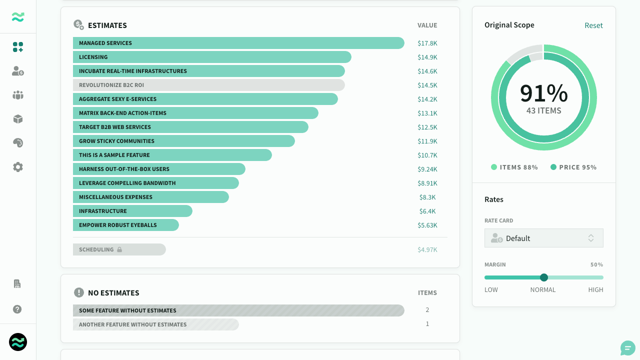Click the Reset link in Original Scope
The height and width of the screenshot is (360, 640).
tap(593, 25)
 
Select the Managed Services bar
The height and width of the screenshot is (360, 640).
tap(238, 43)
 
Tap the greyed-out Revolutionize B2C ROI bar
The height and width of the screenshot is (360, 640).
tap(209, 85)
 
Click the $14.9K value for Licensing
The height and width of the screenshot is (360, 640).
tap(427, 57)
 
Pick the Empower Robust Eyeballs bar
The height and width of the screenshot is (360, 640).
tap(126, 225)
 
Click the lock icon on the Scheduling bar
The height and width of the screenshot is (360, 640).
tap(119, 249)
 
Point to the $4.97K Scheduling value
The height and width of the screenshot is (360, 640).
tap(427, 249)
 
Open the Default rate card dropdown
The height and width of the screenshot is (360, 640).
tap(543, 238)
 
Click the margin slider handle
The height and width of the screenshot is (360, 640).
tap(543, 277)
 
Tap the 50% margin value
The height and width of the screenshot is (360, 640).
tap(596, 264)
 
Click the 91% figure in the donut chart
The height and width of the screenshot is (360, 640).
tap(543, 93)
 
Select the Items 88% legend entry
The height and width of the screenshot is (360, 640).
tap(514, 167)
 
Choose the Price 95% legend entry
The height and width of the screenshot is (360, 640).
tap(573, 167)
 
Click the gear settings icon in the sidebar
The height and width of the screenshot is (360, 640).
tap(18, 167)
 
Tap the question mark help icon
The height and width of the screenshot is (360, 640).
tap(17, 309)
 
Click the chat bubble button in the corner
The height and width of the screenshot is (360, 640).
tap(627, 348)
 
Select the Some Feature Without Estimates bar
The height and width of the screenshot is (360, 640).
tap(238, 310)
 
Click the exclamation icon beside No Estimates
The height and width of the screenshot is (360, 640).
tap(79, 292)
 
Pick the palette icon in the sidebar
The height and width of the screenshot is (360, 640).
tap(18, 143)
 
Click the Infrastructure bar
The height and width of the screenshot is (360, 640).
tap(132, 211)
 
